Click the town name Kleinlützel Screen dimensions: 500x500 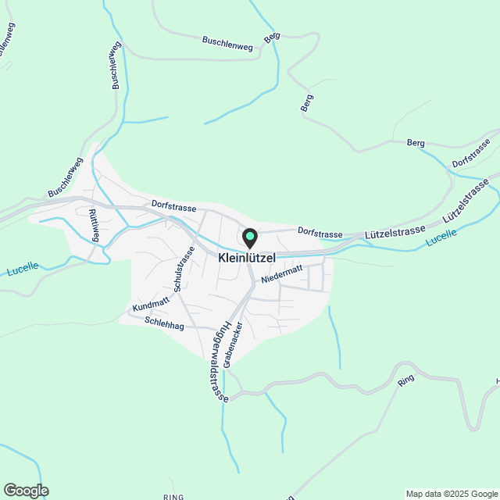246,257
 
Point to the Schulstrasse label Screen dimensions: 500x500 184,270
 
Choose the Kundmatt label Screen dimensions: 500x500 151,305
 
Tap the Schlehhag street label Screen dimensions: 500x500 164,324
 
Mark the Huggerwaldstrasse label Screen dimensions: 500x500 216,362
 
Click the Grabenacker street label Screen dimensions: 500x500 233,345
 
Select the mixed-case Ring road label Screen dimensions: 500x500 405,381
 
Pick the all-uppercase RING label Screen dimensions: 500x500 173,497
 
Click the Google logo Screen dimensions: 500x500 26,491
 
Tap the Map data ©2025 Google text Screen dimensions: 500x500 451,494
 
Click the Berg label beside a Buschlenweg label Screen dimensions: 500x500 272,37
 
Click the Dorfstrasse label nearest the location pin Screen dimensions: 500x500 320,234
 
